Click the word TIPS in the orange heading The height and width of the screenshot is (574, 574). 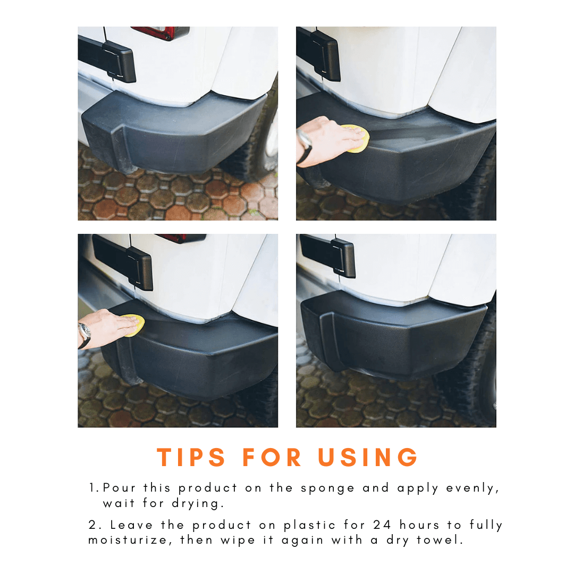pyautogui.click(x=191, y=457)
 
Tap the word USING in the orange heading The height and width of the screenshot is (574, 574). pyautogui.click(x=368, y=457)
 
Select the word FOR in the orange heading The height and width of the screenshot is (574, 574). pyautogui.click(x=272, y=457)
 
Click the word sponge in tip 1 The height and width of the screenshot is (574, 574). pyautogui.click(x=327, y=489)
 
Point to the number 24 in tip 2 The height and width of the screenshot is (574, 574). pyautogui.click(x=382, y=525)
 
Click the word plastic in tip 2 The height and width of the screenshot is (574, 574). pyautogui.click(x=309, y=525)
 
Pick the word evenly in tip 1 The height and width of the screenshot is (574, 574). pyautogui.click(x=472, y=489)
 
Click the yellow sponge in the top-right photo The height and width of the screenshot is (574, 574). pyautogui.click(x=356, y=138)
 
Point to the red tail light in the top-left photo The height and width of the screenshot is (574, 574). pyautogui.click(x=161, y=32)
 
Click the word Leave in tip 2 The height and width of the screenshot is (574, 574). pyautogui.click(x=131, y=525)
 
